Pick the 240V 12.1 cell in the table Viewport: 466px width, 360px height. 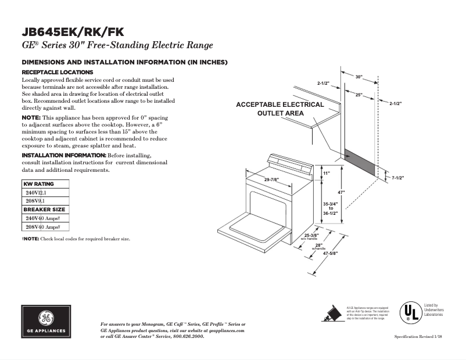pos(36,192)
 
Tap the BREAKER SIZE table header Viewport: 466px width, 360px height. pos(44,210)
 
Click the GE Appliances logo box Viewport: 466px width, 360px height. pos(45,321)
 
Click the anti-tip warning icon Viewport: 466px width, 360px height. pos(332,313)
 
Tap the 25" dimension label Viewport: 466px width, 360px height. pos(359,94)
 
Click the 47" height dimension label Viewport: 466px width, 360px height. pos(342,192)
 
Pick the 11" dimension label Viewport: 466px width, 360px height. pos(326,173)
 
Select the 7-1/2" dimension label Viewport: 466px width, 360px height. pos(397,178)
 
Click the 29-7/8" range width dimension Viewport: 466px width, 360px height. pos(271,179)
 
